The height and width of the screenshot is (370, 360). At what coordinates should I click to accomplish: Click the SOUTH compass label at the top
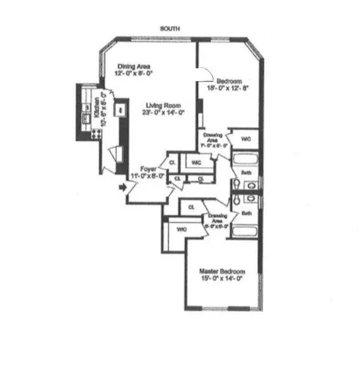170,29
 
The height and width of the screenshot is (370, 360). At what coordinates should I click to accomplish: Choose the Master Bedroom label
222,271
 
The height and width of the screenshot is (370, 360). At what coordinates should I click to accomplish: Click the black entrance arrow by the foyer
122,187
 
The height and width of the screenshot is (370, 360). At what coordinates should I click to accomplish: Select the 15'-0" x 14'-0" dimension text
222,279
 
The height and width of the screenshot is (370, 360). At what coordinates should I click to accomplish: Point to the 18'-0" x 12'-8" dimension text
229,89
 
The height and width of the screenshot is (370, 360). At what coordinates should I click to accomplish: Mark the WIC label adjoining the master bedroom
180,230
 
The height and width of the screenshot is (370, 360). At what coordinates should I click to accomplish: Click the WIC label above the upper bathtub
246,139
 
